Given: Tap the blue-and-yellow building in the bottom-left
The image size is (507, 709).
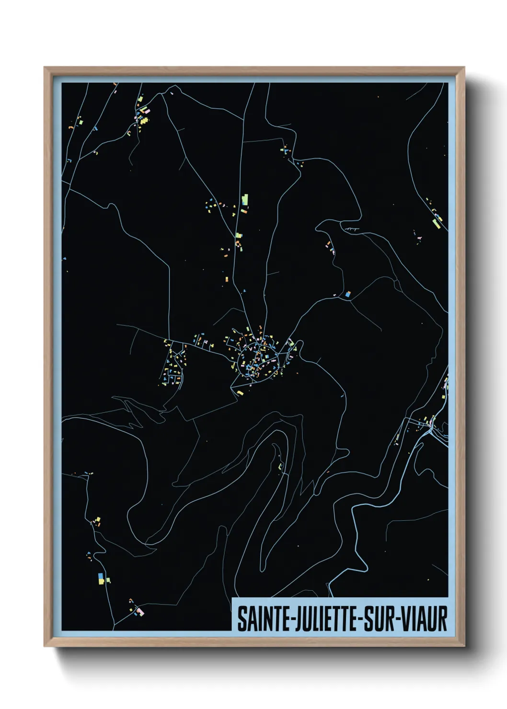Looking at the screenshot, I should point(100,578).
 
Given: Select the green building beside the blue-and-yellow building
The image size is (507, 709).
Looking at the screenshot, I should point(108,580).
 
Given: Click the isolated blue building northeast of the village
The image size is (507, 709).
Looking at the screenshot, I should point(348,294).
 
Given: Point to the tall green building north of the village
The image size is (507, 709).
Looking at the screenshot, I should point(245,199).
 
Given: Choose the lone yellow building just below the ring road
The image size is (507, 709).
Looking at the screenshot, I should point(240,392).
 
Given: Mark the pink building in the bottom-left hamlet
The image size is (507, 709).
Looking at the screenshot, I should point(140,611).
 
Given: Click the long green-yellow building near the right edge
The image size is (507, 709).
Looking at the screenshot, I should point(437,222).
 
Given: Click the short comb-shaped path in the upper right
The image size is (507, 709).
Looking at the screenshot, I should point(352,229).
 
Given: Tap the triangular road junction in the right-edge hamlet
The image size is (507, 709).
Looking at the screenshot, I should point(433,426).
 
